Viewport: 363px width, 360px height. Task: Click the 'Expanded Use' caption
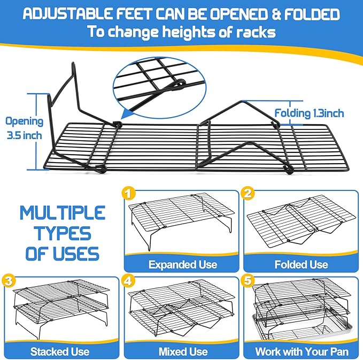[183, 264]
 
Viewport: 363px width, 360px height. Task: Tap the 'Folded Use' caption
[302, 264]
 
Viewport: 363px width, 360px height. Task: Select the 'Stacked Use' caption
[60, 351]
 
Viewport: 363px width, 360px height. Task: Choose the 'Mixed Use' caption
[183, 351]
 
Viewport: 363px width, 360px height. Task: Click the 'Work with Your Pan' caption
[302, 351]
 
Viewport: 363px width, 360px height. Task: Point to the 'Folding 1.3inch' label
[310, 113]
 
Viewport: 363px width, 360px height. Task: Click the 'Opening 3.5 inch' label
[23, 128]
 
